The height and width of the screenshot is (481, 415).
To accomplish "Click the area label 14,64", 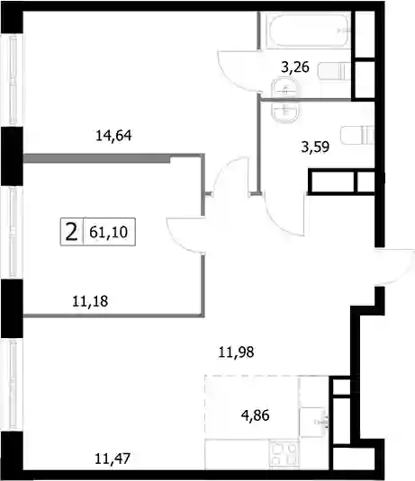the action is (x=113, y=135).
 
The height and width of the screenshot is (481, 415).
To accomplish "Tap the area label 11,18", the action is (x=90, y=301).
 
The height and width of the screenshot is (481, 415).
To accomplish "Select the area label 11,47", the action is (x=113, y=459).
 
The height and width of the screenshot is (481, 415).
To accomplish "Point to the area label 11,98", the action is (x=236, y=352).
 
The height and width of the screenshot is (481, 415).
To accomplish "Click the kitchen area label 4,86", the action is (x=256, y=415).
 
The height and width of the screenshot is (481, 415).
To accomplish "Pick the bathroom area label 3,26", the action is (x=295, y=67).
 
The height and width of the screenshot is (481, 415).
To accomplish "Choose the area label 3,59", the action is (x=315, y=147).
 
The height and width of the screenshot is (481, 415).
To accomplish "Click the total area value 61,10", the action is (x=108, y=232).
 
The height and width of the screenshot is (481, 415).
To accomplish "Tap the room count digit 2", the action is (x=72, y=232).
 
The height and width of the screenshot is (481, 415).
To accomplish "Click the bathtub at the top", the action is (x=309, y=30).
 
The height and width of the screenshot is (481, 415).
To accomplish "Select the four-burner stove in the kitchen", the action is (x=284, y=454).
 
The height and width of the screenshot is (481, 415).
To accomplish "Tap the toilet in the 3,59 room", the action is (x=357, y=135).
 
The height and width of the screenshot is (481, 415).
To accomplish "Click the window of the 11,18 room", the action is (x=13, y=233).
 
